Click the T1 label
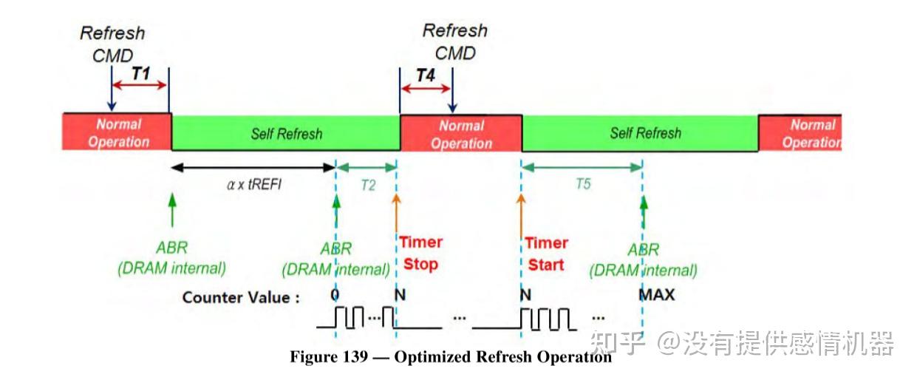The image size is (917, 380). pyautogui.click(x=140, y=73)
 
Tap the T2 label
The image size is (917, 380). pyautogui.click(x=368, y=186)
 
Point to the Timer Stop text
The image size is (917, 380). pyautogui.click(x=420, y=253)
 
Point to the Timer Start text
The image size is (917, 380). pyautogui.click(x=546, y=254)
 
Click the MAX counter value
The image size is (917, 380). pyautogui.click(x=657, y=296)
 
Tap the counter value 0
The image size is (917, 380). pyautogui.click(x=336, y=296)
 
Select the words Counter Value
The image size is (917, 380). pyautogui.click(x=241, y=297)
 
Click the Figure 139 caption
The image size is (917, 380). pyautogui.click(x=451, y=357)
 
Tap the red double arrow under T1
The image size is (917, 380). pyautogui.click(x=140, y=86)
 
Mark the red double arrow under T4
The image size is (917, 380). pyautogui.click(x=425, y=88)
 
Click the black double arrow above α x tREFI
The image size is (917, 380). pyautogui.click(x=253, y=168)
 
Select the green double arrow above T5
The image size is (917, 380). pyautogui.click(x=582, y=168)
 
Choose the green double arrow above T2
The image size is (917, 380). pyautogui.click(x=368, y=168)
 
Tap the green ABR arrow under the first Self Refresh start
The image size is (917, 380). pyautogui.click(x=172, y=210)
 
